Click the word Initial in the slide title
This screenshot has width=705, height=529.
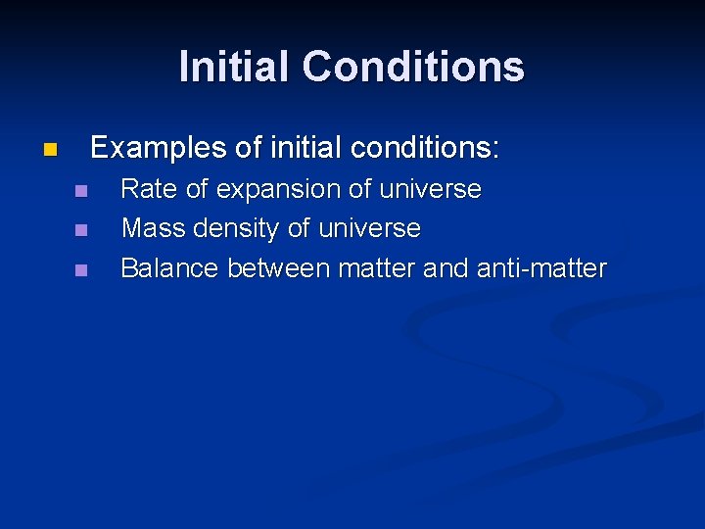pyautogui.click(x=236, y=67)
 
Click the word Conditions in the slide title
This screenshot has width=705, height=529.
pyautogui.click(x=413, y=67)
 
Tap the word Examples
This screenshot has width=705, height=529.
pyautogui.click(x=158, y=148)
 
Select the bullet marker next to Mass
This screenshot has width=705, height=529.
pyautogui.click(x=80, y=230)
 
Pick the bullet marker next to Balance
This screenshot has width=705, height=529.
pyautogui.click(x=80, y=269)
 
